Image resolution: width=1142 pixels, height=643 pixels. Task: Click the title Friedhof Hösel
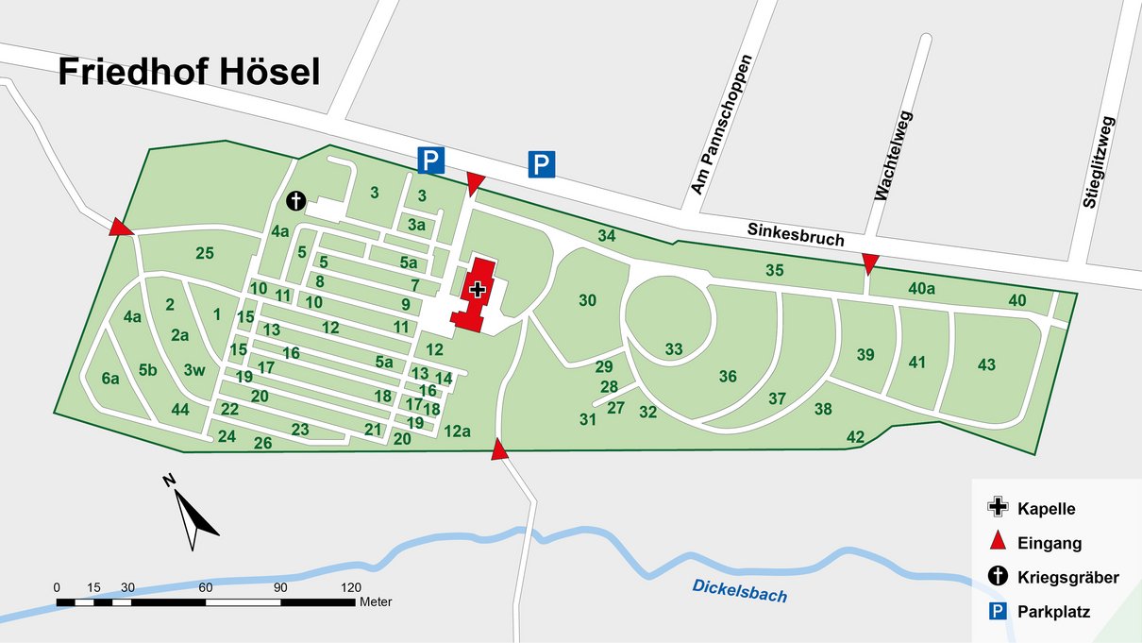pos(189,72)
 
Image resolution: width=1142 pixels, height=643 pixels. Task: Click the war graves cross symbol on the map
pos(296,200)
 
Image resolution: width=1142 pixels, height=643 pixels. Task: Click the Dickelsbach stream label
pos(739,589)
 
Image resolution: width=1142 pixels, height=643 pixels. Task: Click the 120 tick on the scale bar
pos(351,586)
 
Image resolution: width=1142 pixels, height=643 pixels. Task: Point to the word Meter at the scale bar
pos(376,601)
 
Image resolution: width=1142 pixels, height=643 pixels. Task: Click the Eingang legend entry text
pos(1050,543)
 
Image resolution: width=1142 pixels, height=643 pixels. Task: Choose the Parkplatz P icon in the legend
pos(997,612)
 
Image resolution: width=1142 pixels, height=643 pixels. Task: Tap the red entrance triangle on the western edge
pos(120,227)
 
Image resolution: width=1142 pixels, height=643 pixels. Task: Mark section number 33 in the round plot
pos(673,349)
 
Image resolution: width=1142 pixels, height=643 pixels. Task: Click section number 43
pos(986,364)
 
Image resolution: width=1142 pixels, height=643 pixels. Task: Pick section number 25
pos(205,252)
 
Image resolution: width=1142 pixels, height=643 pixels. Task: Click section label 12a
pos(457,431)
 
